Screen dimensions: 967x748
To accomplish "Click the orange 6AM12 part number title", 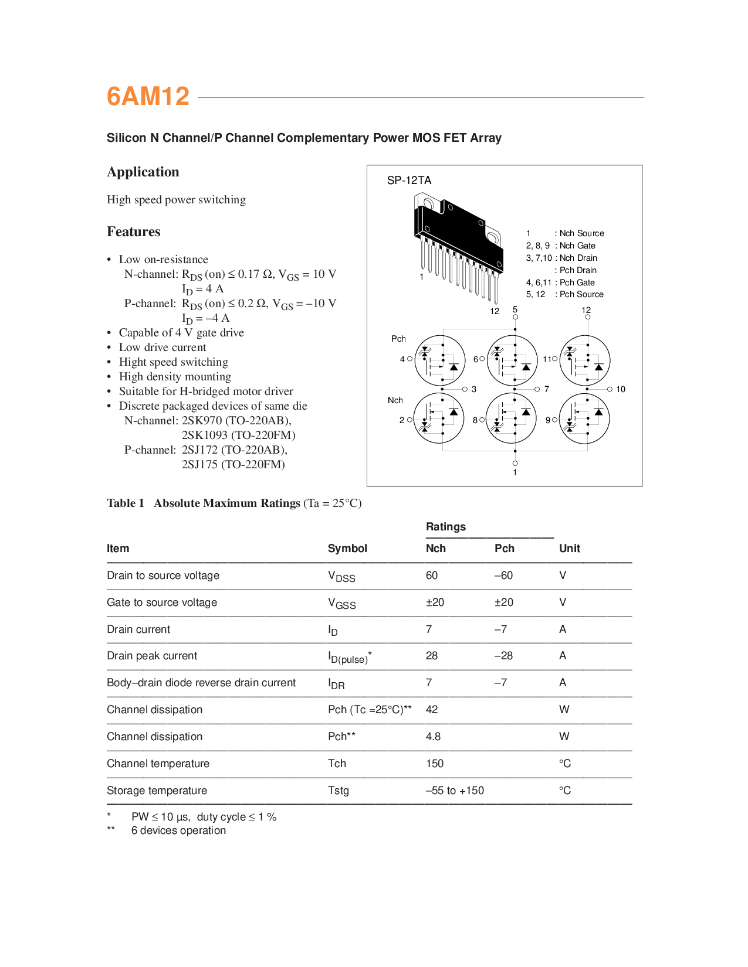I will click(x=148, y=97).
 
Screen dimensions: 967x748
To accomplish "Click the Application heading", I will click(x=143, y=172).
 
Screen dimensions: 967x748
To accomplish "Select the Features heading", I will click(x=133, y=231).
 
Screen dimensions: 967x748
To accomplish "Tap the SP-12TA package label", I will click(x=409, y=181).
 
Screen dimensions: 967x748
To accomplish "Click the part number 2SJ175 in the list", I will click(x=199, y=464).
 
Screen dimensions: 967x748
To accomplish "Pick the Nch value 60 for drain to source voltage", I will click(x=432, y=576).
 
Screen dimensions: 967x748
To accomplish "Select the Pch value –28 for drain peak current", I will click(x=503, y=656).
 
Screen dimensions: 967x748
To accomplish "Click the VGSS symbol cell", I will click(x=341, y=603).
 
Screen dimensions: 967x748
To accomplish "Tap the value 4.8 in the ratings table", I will click(x=433, y=737).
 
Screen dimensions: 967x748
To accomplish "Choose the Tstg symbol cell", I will click(x=339, y=791).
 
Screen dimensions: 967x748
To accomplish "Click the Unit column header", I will click(x=569, y=549).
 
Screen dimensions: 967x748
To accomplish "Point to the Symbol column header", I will click(x=347, y=549).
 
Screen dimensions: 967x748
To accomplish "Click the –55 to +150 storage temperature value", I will click(x=455, y=791).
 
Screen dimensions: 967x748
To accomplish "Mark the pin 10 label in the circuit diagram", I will click(x=621, y=389).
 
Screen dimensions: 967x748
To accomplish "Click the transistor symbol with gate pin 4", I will click(x=439, y=360).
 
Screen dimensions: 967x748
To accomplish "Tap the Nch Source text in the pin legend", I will click(x=581, y=233).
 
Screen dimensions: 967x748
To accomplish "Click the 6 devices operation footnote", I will click(x=178, y=830).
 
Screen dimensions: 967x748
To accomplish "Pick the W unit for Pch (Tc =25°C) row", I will click(x=564, y=710).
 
